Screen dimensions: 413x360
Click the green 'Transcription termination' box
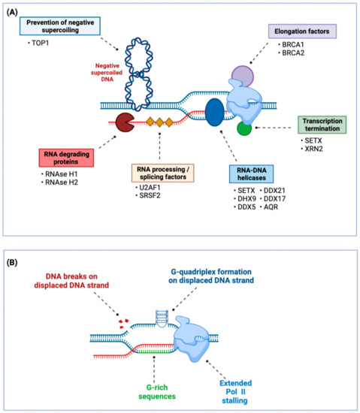click(319, 125)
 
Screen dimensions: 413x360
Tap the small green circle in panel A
click(244, 128)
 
